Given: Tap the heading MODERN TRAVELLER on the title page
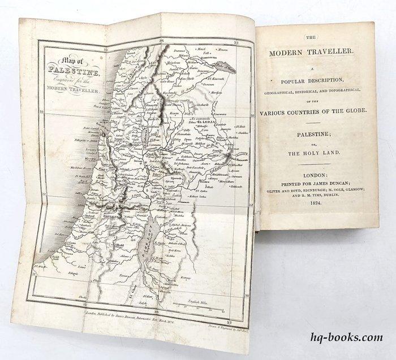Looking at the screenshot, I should pos(312,53).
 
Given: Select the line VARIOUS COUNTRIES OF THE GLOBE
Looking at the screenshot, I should pos(315,112).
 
